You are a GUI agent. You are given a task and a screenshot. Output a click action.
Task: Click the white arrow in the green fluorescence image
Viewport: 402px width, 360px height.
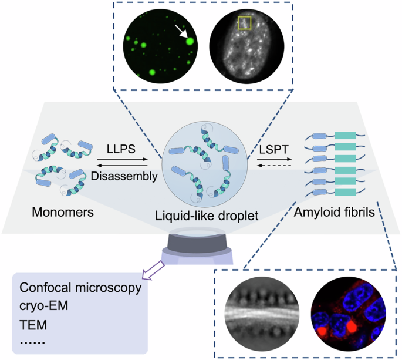coord(180,32)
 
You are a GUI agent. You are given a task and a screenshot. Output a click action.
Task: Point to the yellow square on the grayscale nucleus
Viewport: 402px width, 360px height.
coord(245,23)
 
